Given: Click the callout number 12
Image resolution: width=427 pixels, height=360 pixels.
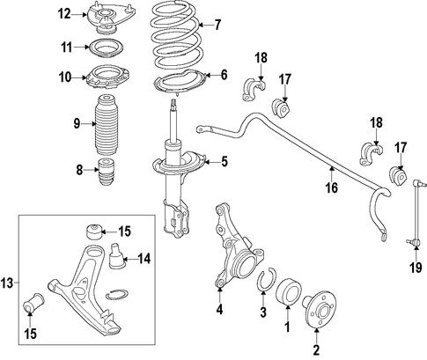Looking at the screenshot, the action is (x=64, y=13).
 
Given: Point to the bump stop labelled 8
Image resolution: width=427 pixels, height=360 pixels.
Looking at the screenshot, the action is (x=107, y=172).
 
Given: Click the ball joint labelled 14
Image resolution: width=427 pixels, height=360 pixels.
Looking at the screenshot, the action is (x=117, y=255).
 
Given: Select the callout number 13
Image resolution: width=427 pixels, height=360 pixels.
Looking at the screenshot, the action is (x=7, y=283).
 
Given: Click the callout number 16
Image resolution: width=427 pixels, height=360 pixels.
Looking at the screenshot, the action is (x=332, y=187).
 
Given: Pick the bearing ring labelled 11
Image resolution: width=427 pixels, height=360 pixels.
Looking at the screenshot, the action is (x=106, y=48).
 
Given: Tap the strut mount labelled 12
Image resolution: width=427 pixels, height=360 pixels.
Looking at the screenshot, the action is (x=110, y=18).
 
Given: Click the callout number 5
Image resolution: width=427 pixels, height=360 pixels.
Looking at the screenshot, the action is (x=225, y=161).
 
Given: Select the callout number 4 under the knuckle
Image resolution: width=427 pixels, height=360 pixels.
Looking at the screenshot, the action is (x=219, y=310).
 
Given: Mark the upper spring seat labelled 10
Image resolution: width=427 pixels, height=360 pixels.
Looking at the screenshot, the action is (x=107, y=77).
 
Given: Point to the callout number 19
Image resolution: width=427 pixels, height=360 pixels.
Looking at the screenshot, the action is (x=416, y=268).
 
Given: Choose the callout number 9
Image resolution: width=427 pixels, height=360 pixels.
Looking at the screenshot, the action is (x=77, y=124).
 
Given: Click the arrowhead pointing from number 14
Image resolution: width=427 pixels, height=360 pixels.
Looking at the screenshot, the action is (x=125, y=259).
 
